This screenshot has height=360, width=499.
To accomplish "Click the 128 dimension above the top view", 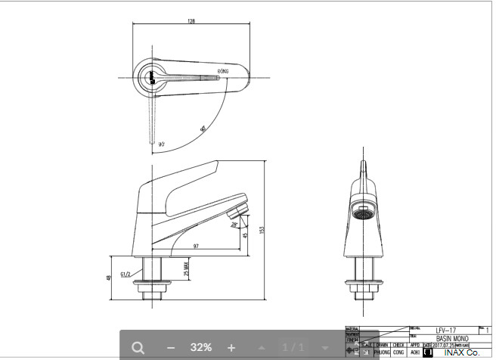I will click(x=192, y=21).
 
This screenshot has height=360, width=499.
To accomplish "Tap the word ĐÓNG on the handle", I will click(x=223, y=70).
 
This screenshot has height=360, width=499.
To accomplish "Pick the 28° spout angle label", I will click(x=234, y=225).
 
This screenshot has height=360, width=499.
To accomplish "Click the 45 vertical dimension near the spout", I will click(x=245, y=235).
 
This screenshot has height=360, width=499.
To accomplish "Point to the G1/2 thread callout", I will click(x=126, y=274).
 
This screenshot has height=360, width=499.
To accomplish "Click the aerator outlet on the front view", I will click(x=364, y=213).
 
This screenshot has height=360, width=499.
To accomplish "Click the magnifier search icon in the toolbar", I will click(x=138, y=347).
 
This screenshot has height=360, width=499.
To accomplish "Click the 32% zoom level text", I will click(x=200, y=347).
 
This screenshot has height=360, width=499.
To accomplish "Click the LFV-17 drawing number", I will click(x=446, y=330).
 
